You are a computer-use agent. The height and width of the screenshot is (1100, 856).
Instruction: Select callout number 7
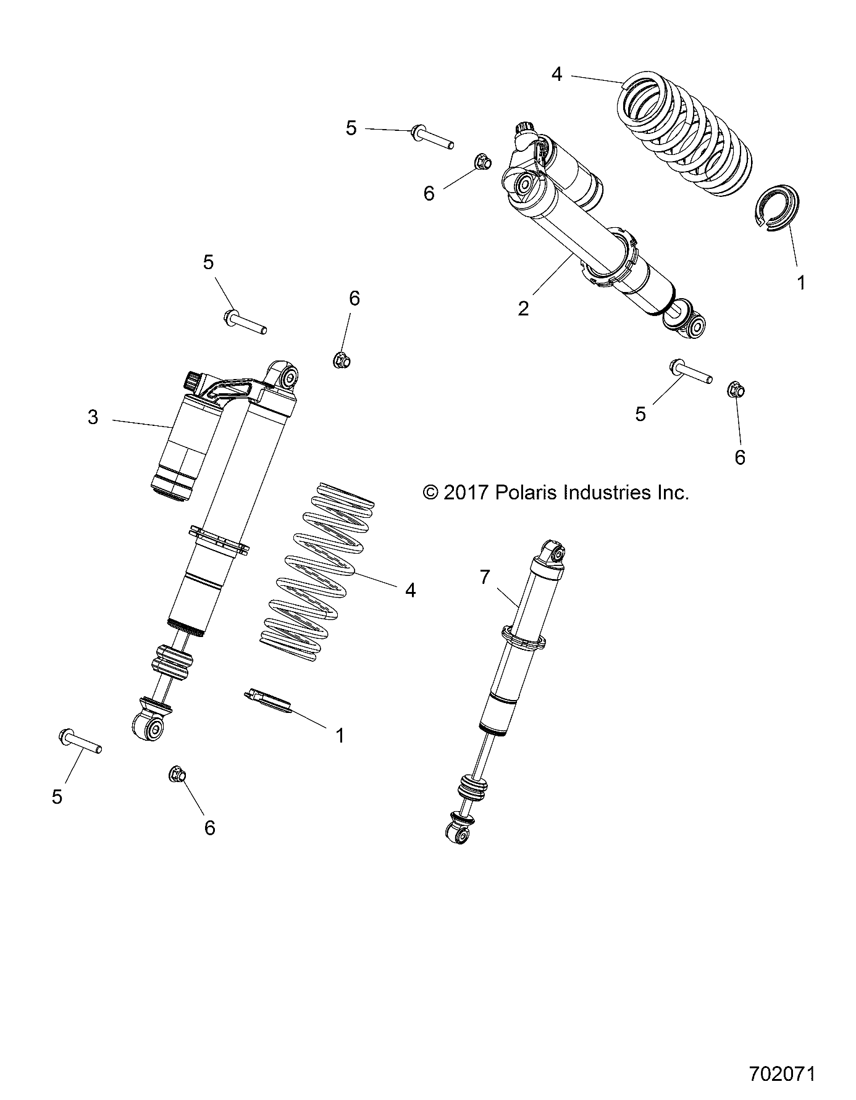(484, 577)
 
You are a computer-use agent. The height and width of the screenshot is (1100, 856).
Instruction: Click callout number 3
(93, 418)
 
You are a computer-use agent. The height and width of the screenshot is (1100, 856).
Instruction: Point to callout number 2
(523, 309)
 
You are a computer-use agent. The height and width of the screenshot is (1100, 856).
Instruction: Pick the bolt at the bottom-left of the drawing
(79, 740)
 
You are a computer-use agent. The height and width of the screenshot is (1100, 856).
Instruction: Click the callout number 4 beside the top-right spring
(556, 75)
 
